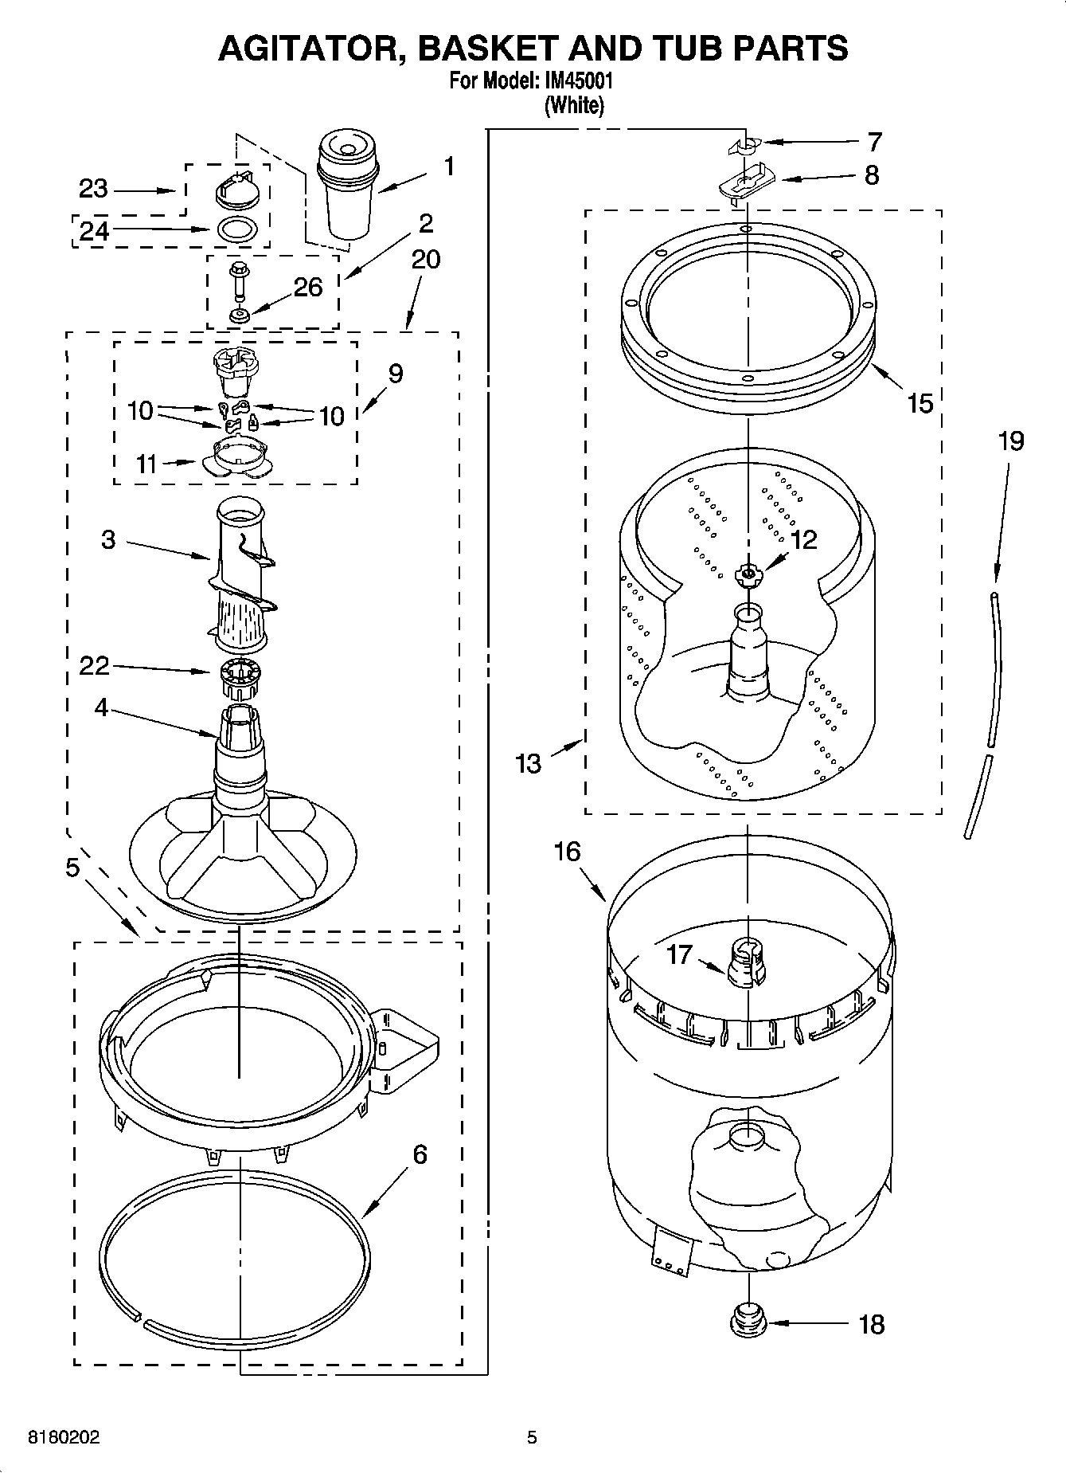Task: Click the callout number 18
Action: pos(873,1325)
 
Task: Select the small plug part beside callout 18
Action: pos(748,1321)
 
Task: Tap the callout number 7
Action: pos(874,143)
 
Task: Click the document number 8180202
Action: pos(64,1438)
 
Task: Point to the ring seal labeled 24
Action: pos(236,229)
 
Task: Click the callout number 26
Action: pos(308,287)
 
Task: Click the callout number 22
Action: pos(94,665)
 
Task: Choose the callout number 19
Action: pos(1010,441)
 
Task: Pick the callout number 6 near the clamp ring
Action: pos(420,1154)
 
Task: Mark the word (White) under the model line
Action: pos(573,105)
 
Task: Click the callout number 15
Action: pos(920,403)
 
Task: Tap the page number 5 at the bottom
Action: pos(532,1438)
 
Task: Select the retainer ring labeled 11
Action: pos(236,460)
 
